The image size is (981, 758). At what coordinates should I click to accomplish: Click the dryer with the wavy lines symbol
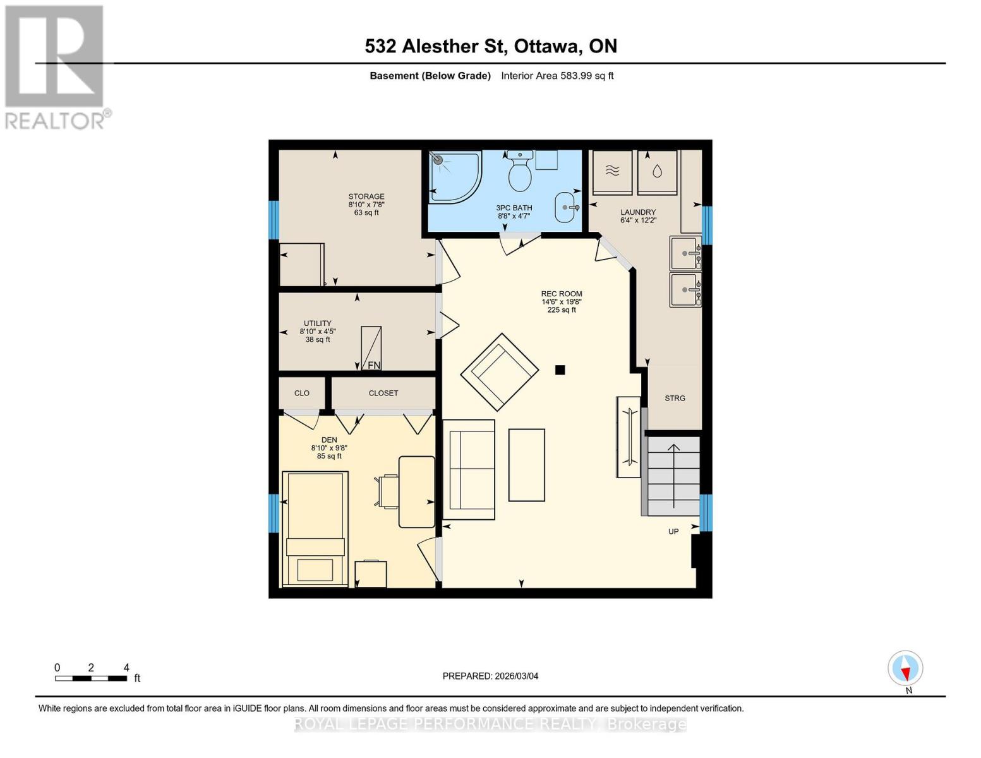click(611, 172)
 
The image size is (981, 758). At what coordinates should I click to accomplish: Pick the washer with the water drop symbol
click(657, 172)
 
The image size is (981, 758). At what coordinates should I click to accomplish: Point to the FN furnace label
click(374, 365)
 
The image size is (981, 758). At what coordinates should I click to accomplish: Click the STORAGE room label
click(366, 196)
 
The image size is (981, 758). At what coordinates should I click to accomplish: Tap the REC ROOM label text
click(561, 294)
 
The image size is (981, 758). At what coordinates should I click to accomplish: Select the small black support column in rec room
click(560, 370)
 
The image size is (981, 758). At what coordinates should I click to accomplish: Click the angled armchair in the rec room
click(499, 371)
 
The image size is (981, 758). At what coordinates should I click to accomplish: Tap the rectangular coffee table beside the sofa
click(526, 465)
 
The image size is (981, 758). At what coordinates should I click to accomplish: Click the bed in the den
click(315, 528)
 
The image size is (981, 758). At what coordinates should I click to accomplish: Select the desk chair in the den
click(387, 491)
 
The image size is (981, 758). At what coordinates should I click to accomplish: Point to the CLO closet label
click(302, 393)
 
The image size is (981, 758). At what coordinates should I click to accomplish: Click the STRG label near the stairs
click(675, 398)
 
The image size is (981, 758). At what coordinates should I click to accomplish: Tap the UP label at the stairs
click(673, 531)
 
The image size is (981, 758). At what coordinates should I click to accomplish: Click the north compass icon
click(905, 668)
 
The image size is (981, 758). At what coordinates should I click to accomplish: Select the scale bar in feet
click(90, 678)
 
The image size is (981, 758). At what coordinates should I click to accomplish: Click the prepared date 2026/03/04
click(490, 676)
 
